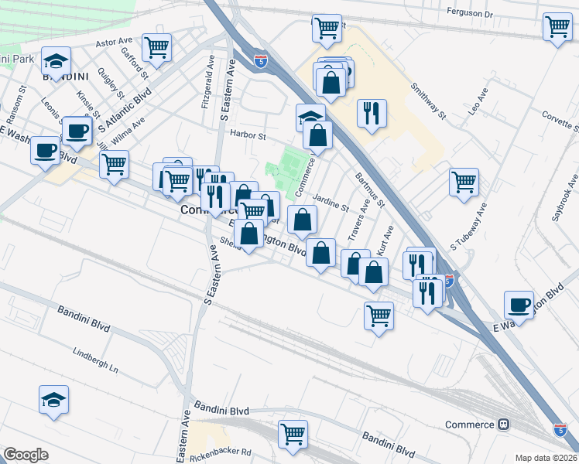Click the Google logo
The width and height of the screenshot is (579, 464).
pyautogui.click(x=26, y=455)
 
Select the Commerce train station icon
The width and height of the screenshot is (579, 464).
pyautogui.click(x=504, y=425)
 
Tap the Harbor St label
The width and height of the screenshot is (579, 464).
pyautogui.click(x=248, y=135)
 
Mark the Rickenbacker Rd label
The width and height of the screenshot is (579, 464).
pyautogui.click(x=225, y=452)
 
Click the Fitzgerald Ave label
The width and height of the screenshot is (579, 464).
pyautogui.click(x=207, y=87)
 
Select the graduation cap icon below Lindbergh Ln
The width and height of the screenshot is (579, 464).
pyautogui.click(x=54, y=399)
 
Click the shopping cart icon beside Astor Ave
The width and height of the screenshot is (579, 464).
pyautogui.click(x=156, y=47)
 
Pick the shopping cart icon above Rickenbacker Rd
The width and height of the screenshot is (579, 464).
pyautogui.click(x=293, y=434)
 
